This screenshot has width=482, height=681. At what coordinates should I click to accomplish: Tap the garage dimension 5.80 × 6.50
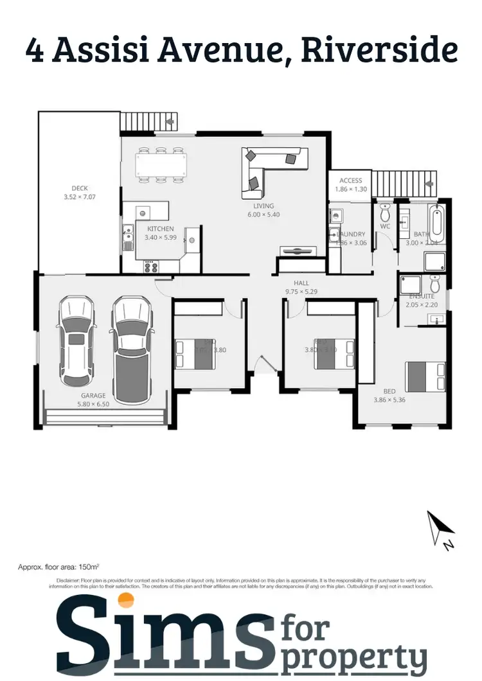(x=94, y=404)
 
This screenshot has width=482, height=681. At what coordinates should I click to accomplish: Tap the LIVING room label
(x=263, y=206)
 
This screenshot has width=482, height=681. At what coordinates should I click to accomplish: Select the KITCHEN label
(x=160, y=229)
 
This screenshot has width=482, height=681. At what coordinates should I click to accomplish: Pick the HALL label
(x=302, y=282)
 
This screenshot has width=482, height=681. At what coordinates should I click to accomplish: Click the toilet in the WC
(x=385, y=212)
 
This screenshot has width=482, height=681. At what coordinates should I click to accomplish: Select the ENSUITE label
(x=422, y=296)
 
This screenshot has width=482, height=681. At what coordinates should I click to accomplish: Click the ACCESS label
(x=351, y=181)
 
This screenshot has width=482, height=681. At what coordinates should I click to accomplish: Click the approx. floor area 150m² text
(x=57, y=567)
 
